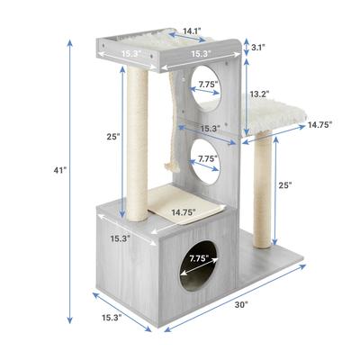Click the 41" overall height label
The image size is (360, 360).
tap(59, 170)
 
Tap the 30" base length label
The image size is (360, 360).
tap(241, 305)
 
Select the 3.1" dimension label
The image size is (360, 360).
tap(257, 47)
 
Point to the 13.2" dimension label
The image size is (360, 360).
tap(259, 94)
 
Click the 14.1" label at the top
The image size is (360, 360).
tap(192, 31)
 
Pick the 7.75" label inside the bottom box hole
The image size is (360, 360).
tap(199, 259)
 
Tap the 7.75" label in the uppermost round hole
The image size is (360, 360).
tap(208, 85)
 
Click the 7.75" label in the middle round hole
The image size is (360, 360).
tap(208, 158)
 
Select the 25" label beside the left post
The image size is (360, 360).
tap(113, 137)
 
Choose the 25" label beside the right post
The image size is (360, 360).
tap(285, 185)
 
